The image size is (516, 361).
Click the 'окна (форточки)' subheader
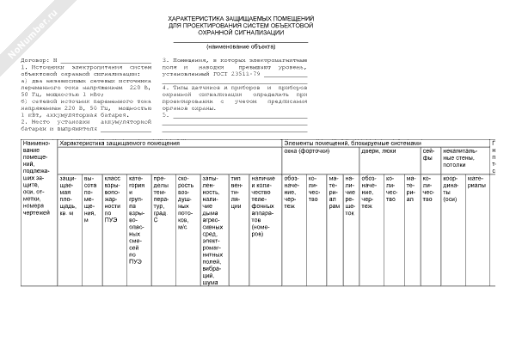click(305, 151)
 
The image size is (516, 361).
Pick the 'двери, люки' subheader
click(377, 151)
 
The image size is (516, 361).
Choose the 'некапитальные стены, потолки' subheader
click(464, 156)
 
